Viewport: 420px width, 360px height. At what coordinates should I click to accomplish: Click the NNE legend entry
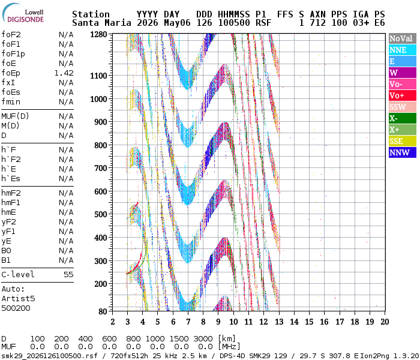click(403, 50)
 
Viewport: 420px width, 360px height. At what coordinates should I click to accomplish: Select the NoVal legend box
click(403, 38)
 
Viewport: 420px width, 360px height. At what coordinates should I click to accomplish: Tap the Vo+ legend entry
click(403, 95)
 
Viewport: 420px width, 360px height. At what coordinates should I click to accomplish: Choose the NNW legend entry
click(403, 152)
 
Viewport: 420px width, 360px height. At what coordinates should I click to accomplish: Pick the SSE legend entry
click(403, 141)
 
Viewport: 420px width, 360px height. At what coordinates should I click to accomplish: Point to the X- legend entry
click(403, 118)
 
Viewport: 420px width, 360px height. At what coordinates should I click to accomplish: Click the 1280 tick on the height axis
click(98, 35)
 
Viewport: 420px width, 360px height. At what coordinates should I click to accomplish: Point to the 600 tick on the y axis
click(101, 191)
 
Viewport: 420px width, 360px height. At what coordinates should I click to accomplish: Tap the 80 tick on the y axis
click(103, 311)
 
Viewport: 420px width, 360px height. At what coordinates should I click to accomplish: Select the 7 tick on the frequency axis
click(188, 322)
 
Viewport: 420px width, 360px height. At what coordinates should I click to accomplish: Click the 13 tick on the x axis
click(279, 322)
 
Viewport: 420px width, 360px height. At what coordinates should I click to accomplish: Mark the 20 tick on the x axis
click(385, 322)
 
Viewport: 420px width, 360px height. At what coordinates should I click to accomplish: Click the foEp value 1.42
click(64, 73)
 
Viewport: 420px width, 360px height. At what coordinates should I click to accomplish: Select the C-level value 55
click(68, 275)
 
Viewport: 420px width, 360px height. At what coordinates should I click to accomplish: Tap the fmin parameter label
click(11, 102)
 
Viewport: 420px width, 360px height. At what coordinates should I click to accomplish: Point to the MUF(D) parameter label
click(15, 116)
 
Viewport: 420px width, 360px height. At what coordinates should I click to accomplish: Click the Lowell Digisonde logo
click(23, 13)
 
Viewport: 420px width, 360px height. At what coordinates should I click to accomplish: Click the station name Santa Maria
click(102, 23)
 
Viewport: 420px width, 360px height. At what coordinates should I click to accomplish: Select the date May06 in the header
click(177, 23)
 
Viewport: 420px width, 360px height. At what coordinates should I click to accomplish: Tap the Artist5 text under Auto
click(18, 299)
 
